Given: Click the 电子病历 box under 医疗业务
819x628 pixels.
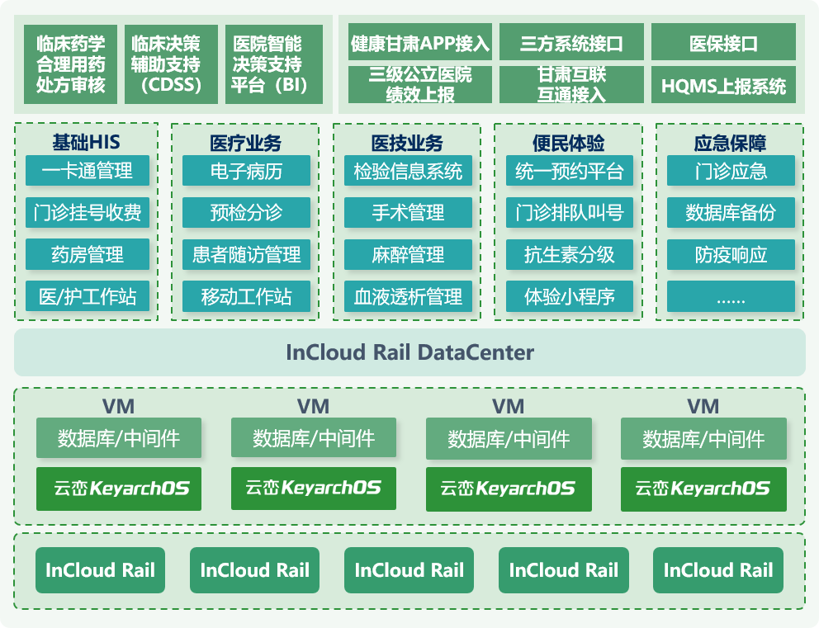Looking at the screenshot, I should coord(246,172).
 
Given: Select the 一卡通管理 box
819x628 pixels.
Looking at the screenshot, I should coord(87,172).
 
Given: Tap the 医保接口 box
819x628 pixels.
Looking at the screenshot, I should coord(723,43).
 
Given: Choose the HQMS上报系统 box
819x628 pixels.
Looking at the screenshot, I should coord(723,85).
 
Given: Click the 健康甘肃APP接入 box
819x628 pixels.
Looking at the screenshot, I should coord(419,43).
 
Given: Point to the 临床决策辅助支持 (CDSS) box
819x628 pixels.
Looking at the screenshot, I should coord(171,64).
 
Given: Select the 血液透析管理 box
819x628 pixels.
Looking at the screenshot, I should coord(408,296).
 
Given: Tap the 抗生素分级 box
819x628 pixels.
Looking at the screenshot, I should coord(569,254).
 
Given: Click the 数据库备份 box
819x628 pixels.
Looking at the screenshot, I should coord(730,213).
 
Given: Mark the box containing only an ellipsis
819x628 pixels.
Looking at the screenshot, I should coord(730,296).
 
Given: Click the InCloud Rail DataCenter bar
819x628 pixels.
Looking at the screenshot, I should coord(409,352).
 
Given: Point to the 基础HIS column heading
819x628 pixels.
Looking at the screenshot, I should coord(87,142).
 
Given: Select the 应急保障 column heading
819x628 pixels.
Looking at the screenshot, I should coord(730,142).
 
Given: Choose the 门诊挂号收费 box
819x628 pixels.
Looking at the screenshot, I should coord(87,213).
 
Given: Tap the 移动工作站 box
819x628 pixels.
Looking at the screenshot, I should coord(246,296).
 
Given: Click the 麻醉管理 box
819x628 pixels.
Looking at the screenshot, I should coord(408,254).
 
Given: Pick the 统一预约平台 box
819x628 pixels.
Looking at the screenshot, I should coord(569,172).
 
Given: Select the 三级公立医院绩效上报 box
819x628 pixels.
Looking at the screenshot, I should coord(419,85).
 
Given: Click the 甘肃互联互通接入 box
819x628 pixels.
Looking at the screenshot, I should coord(571,85).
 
